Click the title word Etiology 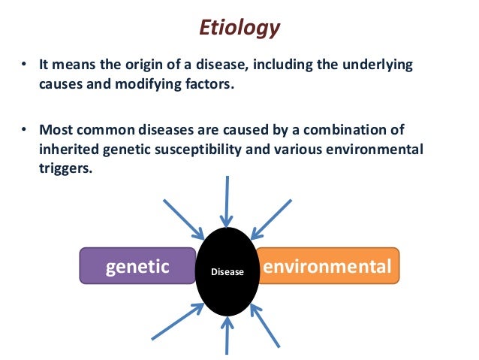coord(239,28)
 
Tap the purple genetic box coord(137,267)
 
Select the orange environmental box coord(327,267)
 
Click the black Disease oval coord(227,271)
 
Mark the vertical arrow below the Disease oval coord(226,337)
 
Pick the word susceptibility coord(208,150)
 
